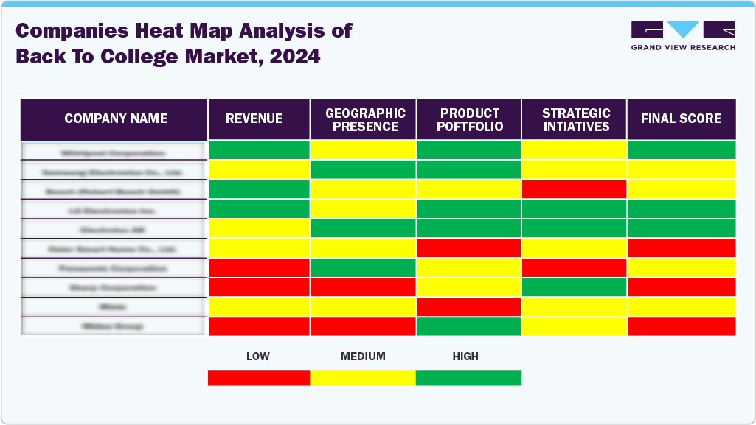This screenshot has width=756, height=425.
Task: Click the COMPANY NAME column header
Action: pos(116,119)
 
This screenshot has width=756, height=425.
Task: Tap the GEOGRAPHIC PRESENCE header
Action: pos(365,119)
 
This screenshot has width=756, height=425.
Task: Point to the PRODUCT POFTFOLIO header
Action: pos(471,119)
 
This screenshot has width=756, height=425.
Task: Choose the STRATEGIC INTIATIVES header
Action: pos(576,119)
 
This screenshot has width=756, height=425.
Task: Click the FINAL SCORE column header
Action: pos(681,119)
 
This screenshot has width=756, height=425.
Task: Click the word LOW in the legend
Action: pos(258,356)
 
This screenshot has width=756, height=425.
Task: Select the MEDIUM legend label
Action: pos(363,356)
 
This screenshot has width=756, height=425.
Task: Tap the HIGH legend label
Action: pos(465,356)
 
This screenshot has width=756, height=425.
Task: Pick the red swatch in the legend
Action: pos(259,378)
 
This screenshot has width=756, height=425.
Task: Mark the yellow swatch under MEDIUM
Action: pos(363,378)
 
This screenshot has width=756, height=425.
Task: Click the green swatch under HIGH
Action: pos(468,378)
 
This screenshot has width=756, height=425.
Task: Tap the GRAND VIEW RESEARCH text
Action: pos(683,47)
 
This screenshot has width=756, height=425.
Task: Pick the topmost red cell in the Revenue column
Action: pos(259,267)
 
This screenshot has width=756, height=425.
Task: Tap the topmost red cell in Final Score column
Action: pos(681,247)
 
